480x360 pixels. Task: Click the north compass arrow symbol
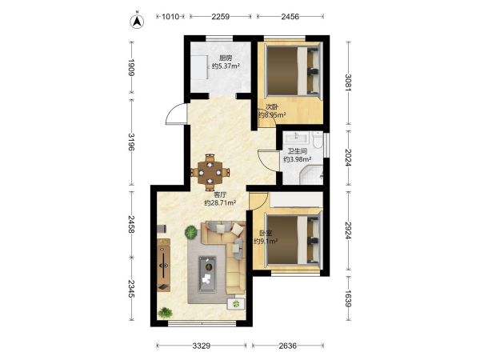(137, 21)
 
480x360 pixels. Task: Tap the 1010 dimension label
(170, 17)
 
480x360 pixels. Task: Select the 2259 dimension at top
(221, 17)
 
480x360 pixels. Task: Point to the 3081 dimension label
(348, 82)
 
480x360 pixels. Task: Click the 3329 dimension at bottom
(202, 346)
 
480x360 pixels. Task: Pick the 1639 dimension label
(348, 298)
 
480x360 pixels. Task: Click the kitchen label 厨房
(226, 58)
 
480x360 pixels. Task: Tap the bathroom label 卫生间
(298, 151)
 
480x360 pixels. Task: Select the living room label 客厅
(220, 194)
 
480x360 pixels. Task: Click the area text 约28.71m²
(220, 202)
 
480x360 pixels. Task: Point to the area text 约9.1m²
(266, 242)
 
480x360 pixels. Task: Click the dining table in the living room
(210, 172)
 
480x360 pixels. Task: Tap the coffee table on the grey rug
(207, 274)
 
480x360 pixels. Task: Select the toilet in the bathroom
(318, 140)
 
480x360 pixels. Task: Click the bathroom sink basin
(296, 137)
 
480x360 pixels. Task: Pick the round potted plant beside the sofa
(191, 232)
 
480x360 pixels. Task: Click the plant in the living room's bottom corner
(165, 313)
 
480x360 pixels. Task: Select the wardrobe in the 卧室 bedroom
(296, 199)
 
